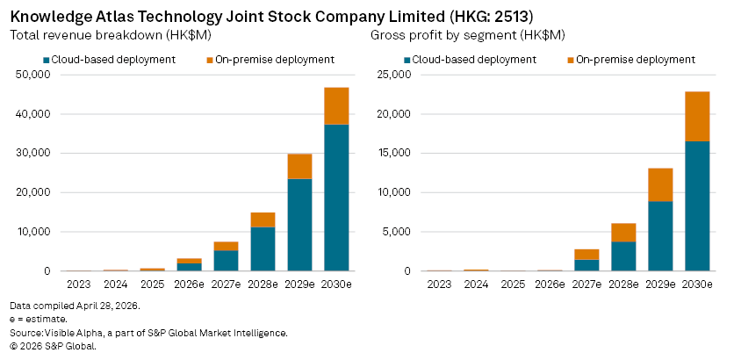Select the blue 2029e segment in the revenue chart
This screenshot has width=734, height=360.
pos(299,224)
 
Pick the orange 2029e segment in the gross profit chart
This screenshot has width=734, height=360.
pos(660,184)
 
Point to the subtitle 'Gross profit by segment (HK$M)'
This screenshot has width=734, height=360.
pos(467,35)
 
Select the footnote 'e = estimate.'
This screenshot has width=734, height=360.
pos(38,320)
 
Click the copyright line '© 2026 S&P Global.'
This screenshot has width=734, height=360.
pos(52,346)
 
